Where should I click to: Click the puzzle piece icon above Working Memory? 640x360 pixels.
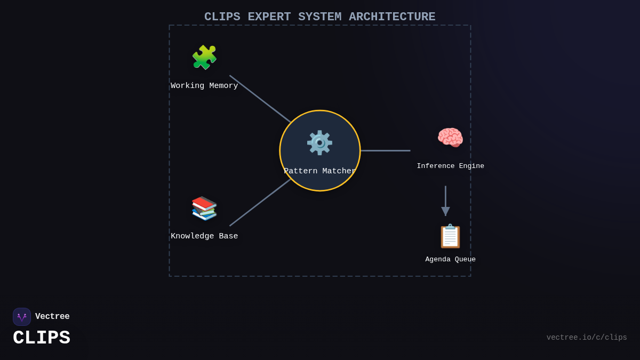click(x=204, y=58)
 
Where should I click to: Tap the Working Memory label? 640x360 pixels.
click(x=204, y=86)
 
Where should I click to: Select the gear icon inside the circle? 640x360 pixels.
click(x=319, y=143)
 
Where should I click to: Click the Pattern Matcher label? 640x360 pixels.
click(x=319, y=171)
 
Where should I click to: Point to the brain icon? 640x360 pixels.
click(x=450, y=138)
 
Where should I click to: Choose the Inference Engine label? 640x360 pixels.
click(x=450, y=166)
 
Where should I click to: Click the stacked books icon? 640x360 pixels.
click(x=204, y=208)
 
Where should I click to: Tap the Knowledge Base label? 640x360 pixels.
click(x=204, y=236)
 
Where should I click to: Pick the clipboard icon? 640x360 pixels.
click(x=450, y=236)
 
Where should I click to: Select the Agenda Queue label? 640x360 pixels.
click(x=450, y=260)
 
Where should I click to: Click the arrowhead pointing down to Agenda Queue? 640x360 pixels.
click(x=445, y=211)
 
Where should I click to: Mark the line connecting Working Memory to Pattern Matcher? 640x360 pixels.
click(x=260, y=99)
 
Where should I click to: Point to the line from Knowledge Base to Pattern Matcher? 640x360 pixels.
click(x=260, y=203)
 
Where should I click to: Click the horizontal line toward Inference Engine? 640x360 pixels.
click(x=385, y=150)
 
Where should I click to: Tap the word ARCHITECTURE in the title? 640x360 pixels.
click(x=392, y=17)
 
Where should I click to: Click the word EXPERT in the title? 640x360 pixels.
click(x=269, y=17)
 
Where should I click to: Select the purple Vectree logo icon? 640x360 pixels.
click(x=22, y=317)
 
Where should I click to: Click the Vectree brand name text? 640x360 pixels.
click(x=52, y=317)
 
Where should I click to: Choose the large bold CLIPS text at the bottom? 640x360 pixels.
click(x=42, y=338)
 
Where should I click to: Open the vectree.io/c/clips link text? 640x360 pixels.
click(x=587, y=338)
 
